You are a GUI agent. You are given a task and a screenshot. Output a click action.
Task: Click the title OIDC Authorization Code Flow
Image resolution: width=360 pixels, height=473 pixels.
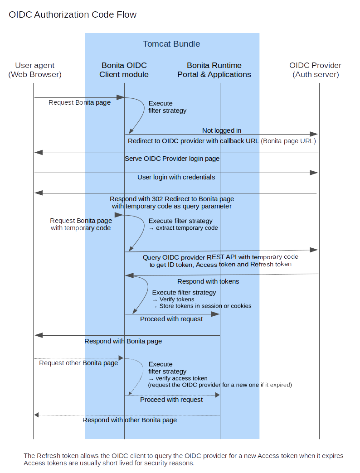(x=73, y=15)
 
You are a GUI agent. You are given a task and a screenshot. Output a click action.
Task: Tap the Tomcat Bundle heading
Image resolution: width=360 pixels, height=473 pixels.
(x=171, y=44)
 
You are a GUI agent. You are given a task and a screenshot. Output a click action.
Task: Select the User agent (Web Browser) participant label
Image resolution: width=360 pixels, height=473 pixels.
(x=35, y=70)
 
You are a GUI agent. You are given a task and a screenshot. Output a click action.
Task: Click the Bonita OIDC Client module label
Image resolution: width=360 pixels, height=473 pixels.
(x=124, y=70)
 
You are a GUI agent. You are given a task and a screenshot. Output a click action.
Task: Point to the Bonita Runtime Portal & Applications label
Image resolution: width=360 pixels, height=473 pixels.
(x=214, y=70)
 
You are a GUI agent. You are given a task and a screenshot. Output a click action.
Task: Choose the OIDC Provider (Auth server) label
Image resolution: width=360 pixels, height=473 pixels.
(x=316, y=70)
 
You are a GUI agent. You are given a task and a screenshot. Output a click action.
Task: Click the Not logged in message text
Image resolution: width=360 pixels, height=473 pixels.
(x=222, y=130)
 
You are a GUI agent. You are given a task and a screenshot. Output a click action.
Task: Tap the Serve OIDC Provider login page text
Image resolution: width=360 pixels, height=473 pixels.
(x=172, y=159)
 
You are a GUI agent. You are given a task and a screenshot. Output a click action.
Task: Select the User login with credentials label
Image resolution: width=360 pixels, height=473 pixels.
(x=176, y=177)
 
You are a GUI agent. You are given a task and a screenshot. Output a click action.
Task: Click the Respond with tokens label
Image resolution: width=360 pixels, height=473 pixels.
(x=208, y=281)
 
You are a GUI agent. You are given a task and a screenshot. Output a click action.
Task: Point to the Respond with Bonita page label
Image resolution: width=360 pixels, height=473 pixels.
(x=123, y=341)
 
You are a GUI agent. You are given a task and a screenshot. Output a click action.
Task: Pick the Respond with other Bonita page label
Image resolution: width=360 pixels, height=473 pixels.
(x=130, y=420)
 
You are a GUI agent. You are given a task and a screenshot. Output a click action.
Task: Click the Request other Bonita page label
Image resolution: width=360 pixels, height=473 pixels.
(x=78, y=363)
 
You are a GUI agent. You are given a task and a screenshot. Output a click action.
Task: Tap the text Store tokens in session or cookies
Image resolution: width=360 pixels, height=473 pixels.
(x=205, y=306)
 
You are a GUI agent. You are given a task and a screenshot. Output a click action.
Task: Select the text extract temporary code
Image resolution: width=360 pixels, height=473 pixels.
(x=187, y=228)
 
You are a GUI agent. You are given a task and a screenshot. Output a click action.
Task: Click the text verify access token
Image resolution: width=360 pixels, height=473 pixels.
(x=181, y=378)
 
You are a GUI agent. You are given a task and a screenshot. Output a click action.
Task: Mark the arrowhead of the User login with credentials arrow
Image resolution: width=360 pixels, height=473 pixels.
(x=314, y=173)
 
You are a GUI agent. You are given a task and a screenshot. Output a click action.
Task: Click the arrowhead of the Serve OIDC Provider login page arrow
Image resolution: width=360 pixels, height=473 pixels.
(x=39, y=153)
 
